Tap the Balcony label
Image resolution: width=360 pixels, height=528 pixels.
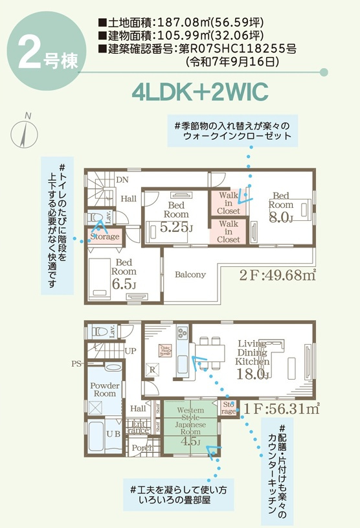pos(190,274)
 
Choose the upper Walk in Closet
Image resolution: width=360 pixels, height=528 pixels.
pos(228,202)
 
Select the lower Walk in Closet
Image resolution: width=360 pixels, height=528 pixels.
pos(228,231)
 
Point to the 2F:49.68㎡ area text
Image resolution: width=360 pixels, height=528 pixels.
pos(277,275)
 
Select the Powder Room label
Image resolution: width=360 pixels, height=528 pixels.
pos(104,389)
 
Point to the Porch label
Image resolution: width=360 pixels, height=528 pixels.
pos(142,448)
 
